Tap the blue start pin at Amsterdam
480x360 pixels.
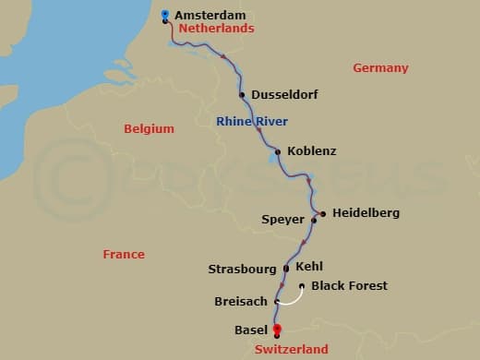[x=164, y=14]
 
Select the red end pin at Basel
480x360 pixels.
[x=276, y=330]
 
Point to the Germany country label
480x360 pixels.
[x=380, y=67]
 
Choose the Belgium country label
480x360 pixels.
[x=149, y=129]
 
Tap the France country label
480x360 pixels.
[x=124, y=254]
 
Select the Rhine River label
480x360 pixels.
[x=252, y=121]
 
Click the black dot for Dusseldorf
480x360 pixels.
[x=242, y=94]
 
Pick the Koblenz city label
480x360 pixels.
[x=312, y=150]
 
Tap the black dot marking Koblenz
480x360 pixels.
[x=278, y=151]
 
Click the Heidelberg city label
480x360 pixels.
[x=366, y=213]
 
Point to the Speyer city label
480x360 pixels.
[x=283, y=221]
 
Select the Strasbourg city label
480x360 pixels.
[x=242, y=270]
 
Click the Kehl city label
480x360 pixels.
[x=309, y=267]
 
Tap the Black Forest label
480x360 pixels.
[x=349, y=286]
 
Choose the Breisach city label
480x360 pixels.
[x=242, y=302]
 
